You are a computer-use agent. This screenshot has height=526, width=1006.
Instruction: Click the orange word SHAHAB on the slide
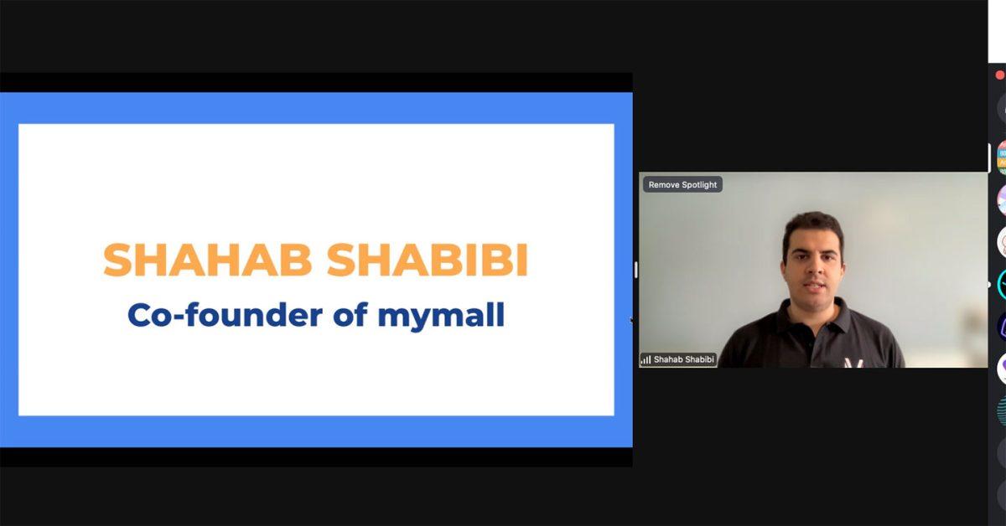click(208, 260)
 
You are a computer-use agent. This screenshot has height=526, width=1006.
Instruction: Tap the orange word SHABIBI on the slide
click(427, 260)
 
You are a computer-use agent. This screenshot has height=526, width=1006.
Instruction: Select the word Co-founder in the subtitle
click(225, 315)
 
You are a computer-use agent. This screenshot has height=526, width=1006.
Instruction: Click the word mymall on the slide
click(441, 317)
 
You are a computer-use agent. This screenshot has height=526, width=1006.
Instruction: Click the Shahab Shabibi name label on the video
click(683, 359)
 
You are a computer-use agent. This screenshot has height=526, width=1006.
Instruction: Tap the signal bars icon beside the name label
click(646, 359)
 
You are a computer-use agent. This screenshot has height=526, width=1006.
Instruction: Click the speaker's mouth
click(815, 286)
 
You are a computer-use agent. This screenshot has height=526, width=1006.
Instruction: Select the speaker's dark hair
click(813, 227)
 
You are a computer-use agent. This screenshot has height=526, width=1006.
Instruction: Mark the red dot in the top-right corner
click(999, 75)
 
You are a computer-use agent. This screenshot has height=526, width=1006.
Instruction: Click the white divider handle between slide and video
click(636, 270)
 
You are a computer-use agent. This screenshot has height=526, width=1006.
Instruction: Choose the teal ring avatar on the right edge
click(1001, 285)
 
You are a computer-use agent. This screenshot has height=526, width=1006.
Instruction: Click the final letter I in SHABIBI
click(522, 260)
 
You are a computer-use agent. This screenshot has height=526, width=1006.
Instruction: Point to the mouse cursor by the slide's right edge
click(631, 320)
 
